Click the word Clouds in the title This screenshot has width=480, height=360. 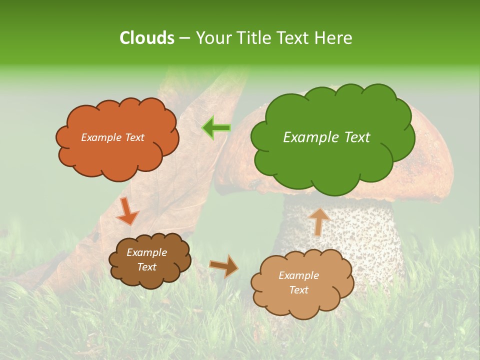click(x=146, y=38)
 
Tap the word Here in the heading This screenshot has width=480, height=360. click(x=333, y=38)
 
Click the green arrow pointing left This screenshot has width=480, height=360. click(x=216, y=128)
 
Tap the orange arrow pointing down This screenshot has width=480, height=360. click(x=127, y=211)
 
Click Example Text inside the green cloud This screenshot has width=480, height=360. click(x=326, y=137)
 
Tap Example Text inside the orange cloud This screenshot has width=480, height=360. click(x=112, y=137)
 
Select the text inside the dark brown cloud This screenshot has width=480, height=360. click(x=146, y=260)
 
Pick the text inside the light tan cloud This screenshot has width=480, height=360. click(x=298, y=282)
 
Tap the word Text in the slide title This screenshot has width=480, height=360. click(x=294, y=38)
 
